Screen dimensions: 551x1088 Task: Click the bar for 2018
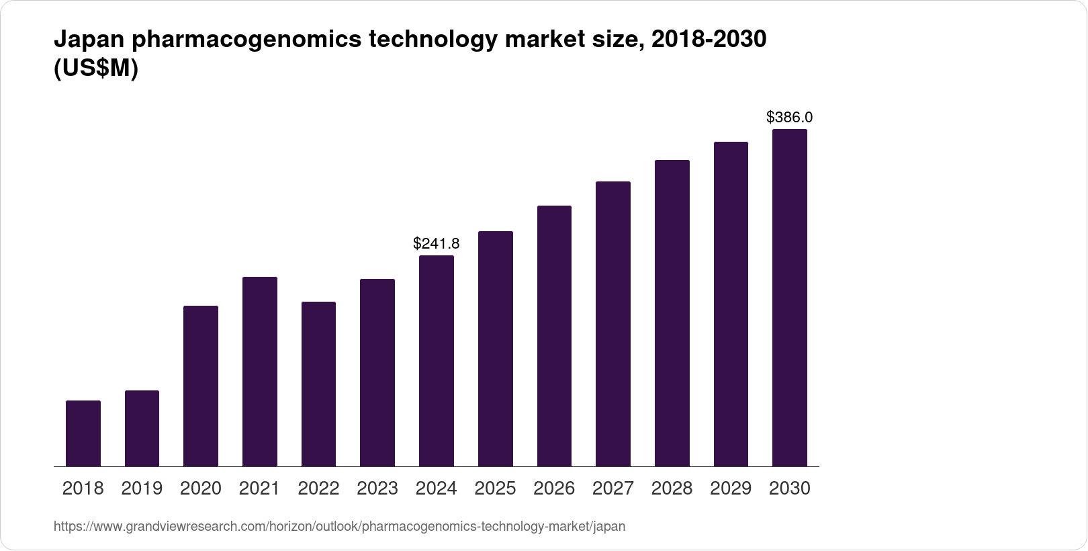tap(83, 433)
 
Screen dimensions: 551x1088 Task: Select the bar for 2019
tap(142, 428)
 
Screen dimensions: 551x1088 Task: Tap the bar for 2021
tap(260, 372)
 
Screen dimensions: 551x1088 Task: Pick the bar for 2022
tap(318, 384)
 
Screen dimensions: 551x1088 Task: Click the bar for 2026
tap(554, 336)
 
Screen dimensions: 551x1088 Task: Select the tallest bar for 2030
tap(790, 298)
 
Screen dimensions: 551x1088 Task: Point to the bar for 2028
tap(672, 313)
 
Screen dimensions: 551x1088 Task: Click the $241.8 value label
tap(436, 243)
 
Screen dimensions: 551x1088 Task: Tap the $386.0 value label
tap(789, 117)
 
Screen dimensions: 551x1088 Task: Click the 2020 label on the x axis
tap(201, 489)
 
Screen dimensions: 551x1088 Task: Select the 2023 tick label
tap(377, 489)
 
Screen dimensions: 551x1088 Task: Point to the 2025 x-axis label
tap(495, 489)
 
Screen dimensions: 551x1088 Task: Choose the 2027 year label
tap(613, 489)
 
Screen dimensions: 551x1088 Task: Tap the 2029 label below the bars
tap(731, 489)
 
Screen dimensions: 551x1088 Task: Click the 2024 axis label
tap(437, 489)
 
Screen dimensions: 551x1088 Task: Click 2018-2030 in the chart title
tap(709, 40)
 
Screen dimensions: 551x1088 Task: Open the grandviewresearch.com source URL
tap(339, 527)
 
